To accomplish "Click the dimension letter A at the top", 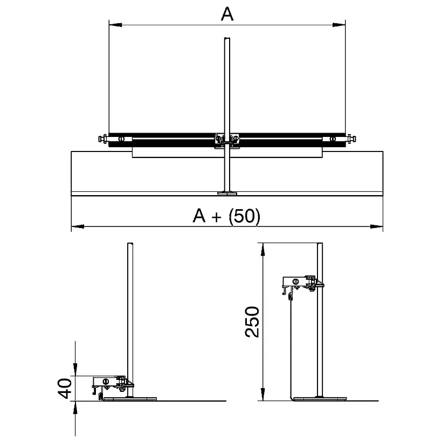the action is (x=227, y=14).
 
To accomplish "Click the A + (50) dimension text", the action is (x=226, y=216).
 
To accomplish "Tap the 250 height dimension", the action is (x=252, y=322).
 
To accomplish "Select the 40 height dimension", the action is (x=65, y=389).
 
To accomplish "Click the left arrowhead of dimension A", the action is (x=115, y=25).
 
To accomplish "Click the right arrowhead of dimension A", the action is (x=339, y=25).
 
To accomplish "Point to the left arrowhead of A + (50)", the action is (x=78, y=226).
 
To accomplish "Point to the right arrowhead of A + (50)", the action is (x=377, y=226).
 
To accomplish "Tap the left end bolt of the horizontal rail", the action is (x=103, y=139).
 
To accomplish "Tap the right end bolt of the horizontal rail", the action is (x=351, y=139).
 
